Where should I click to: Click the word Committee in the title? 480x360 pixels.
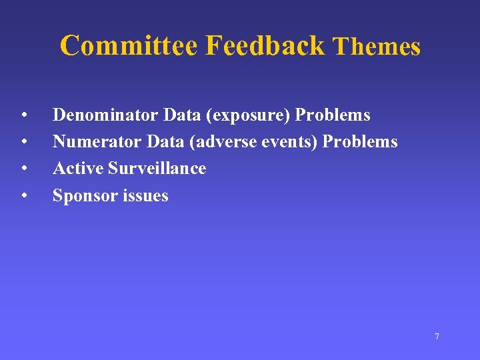tap(129, 46)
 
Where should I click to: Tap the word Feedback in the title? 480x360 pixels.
tap(265, 46)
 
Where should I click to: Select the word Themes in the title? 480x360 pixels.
tap(377, 47)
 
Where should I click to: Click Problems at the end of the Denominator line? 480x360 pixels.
tap(333, 115)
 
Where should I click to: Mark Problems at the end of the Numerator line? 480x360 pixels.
tap(360, 142)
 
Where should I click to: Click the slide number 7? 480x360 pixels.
tap(437, 337)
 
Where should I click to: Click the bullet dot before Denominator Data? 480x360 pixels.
tap(23, 116)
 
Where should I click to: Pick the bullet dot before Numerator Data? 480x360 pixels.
tap(23, 143)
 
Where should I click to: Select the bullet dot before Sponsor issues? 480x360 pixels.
tap(23, 197)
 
